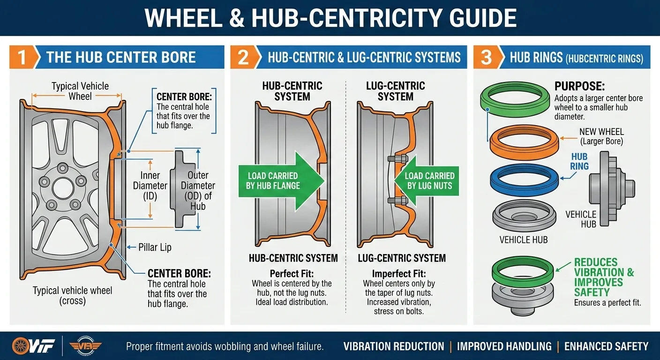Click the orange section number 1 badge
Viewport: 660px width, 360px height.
click(21, 57)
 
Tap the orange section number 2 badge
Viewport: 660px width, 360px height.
click(243, 57)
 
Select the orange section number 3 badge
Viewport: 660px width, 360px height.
click(486, 57)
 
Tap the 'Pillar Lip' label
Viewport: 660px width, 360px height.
click(155, 247)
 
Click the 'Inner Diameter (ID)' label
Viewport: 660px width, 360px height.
click(150, 186)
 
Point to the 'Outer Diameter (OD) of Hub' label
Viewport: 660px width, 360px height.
click(198, 190)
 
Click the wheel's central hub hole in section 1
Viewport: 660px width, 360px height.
click(63, 188)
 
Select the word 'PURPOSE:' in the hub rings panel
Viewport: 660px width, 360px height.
click(579, 87)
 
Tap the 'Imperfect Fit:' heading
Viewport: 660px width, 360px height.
click(398, 274)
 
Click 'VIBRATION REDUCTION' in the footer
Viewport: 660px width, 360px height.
click(393, 346)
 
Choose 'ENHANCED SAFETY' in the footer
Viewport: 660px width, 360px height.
click(606, 346)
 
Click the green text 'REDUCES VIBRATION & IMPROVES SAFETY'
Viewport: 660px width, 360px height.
click(604, 277)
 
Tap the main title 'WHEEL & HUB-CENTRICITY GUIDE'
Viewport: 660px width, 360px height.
click(330, 18)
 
